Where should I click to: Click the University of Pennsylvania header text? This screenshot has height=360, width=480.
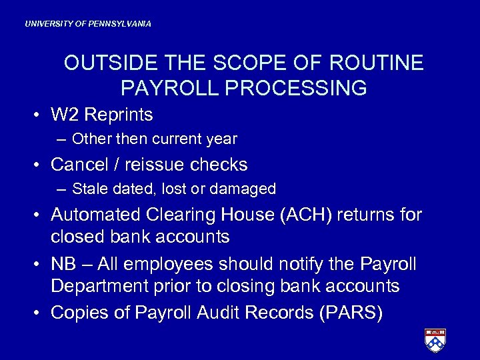tap(88, 24)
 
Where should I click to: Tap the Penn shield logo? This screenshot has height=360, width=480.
tap(435, 340)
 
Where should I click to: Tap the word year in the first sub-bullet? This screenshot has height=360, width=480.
tap(222, 139)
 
